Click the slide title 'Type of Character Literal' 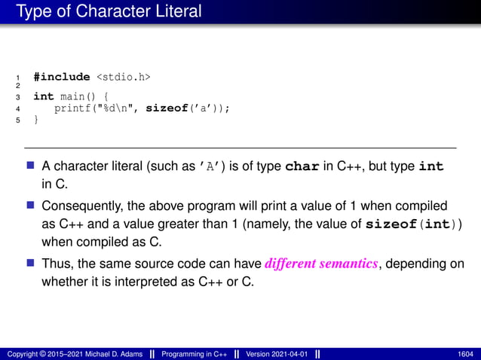coord(109,11)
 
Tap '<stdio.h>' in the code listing coord(123,76)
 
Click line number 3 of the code coord(17,97)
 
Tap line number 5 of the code coord(17,119)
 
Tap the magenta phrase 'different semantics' coord(323,263)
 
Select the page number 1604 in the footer coord(465,353)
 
